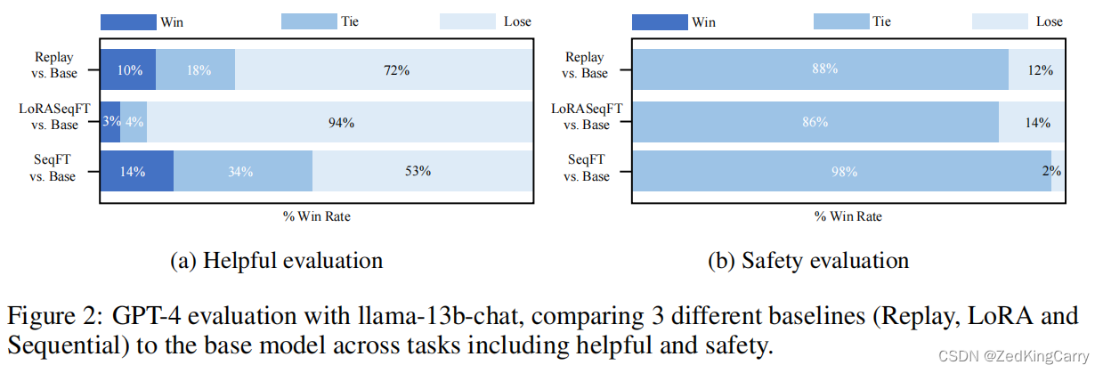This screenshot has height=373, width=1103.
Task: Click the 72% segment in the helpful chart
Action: (x=385, y=70)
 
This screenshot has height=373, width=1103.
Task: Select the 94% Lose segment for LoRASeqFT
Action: (x=339, y=122)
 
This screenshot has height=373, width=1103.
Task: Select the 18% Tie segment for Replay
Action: (x=195, y=70)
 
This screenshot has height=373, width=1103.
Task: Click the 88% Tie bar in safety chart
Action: (x=820, y=70)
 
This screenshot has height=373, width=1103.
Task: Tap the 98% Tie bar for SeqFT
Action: (x=841, y=172)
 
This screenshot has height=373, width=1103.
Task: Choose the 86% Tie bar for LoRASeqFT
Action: (x=815, y=122)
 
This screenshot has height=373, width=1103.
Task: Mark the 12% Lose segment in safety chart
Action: (x=1036, y=70)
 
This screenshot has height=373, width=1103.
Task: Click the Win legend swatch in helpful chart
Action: (x=126, y=21)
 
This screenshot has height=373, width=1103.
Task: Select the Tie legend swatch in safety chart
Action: (x=829, y=21)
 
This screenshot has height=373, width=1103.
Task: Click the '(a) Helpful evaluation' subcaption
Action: (x=276, y=260)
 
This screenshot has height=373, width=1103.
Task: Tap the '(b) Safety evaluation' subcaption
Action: (x=808, y=260)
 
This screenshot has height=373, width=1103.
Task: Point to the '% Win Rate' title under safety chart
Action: (x=848, y=215)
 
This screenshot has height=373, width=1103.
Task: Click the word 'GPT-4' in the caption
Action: (x=143, y=316)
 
